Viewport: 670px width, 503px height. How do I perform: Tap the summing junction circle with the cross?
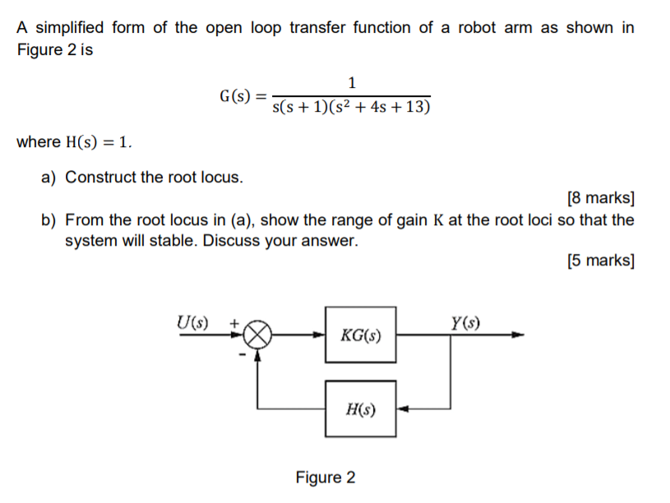259,335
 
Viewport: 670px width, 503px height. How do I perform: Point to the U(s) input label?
193,321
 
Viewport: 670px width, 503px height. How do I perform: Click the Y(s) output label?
465,321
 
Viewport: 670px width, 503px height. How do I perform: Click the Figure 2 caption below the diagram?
326,478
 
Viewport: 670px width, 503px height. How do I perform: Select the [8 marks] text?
600,198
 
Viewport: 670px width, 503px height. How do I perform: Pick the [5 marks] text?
600,261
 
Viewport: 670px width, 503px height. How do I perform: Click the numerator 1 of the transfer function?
352,82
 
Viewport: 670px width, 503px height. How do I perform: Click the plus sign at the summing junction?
233,325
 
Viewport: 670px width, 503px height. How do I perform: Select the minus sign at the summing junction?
242,354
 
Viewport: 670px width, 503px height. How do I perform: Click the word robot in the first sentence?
478,27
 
